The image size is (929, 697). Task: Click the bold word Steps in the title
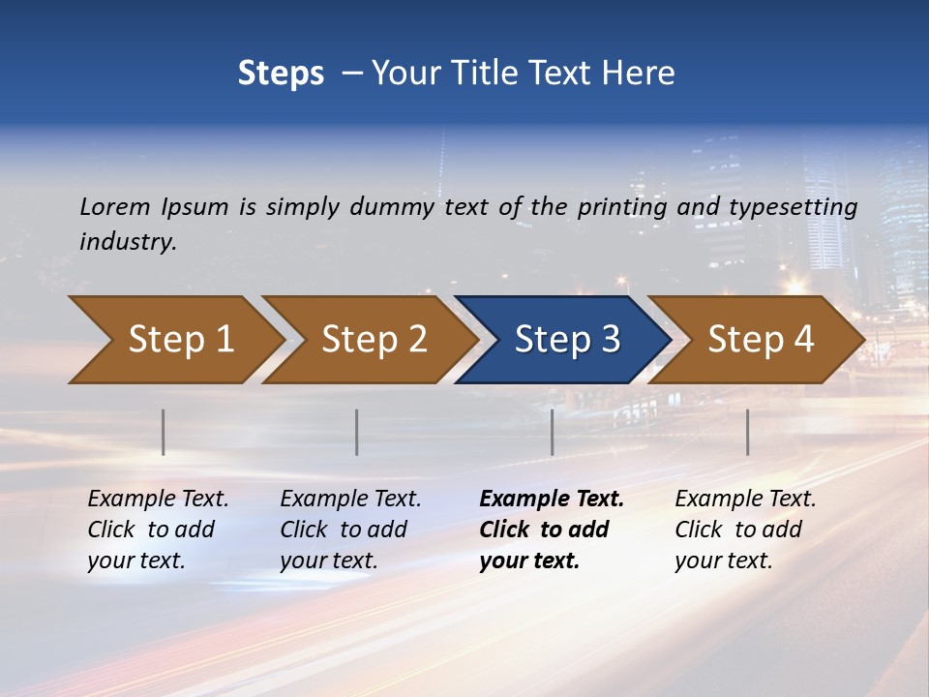point(281,74)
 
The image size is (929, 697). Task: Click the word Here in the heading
point(638,74)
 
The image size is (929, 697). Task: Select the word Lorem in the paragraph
point(115,206)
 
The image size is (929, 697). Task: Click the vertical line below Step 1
point(164,432)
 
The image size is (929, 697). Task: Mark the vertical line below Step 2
point(357,432)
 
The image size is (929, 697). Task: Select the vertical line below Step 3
point(552,432)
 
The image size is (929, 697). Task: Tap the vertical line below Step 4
point(747,432)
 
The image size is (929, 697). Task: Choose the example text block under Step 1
point(158,530)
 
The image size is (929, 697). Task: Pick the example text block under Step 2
point(350,530)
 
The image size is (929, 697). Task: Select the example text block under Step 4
point(745,530)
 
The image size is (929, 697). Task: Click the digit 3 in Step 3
point(609,340)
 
